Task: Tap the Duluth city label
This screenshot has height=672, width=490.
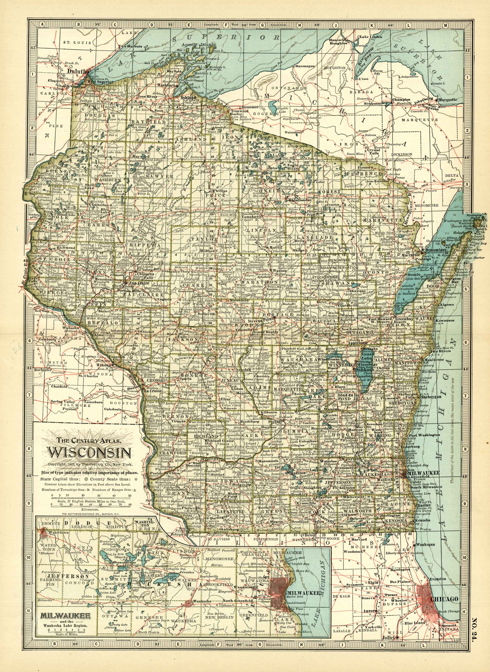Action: point(76,71)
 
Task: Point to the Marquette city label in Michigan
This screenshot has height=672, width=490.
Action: point(448,100)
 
